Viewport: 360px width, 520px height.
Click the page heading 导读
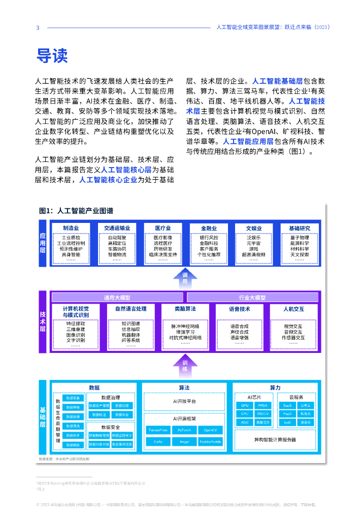click(x=51, y=55)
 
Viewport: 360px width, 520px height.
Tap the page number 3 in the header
click(x=38, y=27)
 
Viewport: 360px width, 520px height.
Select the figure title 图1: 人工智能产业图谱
click(x=76, y=211)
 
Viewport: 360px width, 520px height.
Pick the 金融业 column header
click(x=209, y=228)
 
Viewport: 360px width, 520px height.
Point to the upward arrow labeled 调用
click(x=185, y=278)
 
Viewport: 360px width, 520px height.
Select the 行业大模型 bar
click(x=252, y=297)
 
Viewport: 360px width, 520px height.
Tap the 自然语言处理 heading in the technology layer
click(x=130, y=308)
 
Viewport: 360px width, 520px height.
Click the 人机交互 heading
click(x=293, y=308)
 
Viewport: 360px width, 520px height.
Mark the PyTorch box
click(x=181, y=430)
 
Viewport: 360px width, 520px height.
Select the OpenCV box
click(x=210, y=430)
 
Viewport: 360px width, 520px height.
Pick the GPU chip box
click(x=245, y=406)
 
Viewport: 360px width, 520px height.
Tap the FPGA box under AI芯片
click(x=263, y=406)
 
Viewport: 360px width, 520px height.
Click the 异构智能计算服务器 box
click(x=275, y=439)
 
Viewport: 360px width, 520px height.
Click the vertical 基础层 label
click(x=43, y=416)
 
